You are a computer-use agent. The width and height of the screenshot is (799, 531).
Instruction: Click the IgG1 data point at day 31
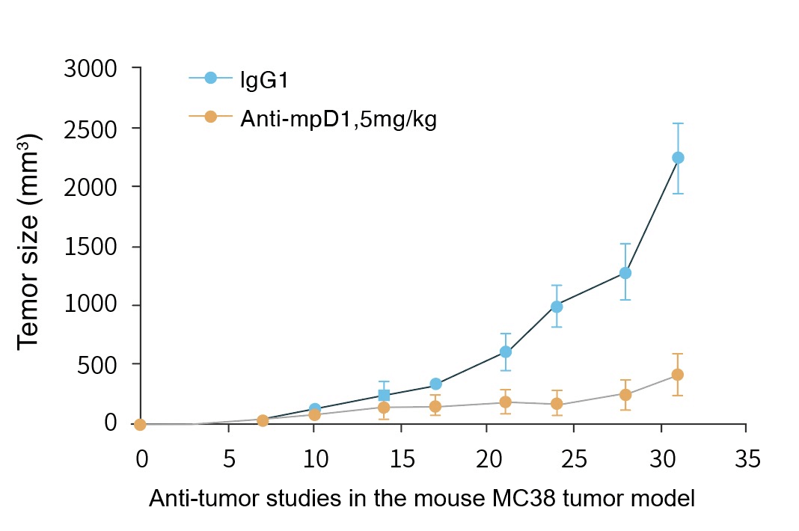coord(678,158)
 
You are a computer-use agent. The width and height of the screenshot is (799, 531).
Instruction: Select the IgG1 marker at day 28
coord(625,273)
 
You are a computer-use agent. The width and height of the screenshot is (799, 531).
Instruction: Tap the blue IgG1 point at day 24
coord(557,307)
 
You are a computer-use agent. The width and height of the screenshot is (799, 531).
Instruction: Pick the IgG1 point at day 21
coord(506,352)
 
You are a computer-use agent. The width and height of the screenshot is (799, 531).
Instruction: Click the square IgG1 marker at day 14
coord(384,395)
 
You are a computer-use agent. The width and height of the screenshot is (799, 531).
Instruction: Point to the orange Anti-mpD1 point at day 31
coord(678,375)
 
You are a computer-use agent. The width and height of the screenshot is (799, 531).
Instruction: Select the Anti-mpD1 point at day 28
coord(625,394)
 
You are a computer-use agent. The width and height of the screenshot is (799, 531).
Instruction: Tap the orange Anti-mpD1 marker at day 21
coord(506,402)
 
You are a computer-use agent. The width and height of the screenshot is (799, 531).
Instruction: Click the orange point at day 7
coord(263,420)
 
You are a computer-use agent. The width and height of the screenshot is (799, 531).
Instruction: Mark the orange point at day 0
coord(140,425)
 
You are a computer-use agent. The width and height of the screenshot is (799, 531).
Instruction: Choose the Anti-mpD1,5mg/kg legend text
coord(338,118)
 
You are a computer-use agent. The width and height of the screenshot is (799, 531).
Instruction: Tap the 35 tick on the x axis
coord(746,458)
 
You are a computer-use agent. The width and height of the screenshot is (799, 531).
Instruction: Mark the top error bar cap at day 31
coord(678,123)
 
